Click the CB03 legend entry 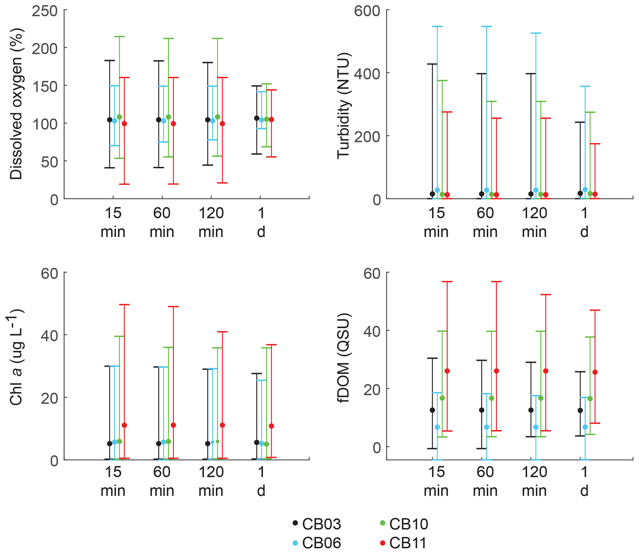(x=317, y=524)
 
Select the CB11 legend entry (x=403, y=543)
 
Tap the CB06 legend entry (x=317, y=543)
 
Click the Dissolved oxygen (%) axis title (x=16, y=104)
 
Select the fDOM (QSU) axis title (x=343, y=358)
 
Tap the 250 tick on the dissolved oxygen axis (x=45, y=11)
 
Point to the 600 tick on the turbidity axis (x=367, y=11)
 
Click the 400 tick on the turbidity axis (x=367, y=74)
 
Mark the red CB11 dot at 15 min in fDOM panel (x=447, y=371)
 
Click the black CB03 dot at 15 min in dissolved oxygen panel (x=110, y=120)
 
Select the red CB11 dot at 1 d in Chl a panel (x=271, y=426)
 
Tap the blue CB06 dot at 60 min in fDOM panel (x=487, y=427)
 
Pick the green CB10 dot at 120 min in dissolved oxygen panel (x=217, y=117)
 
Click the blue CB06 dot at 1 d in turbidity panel (x=585, y=190)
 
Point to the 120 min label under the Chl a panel (x=211, y=482)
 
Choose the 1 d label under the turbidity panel (x=584, y=223)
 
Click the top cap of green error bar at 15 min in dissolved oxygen (x=120, y=37)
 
